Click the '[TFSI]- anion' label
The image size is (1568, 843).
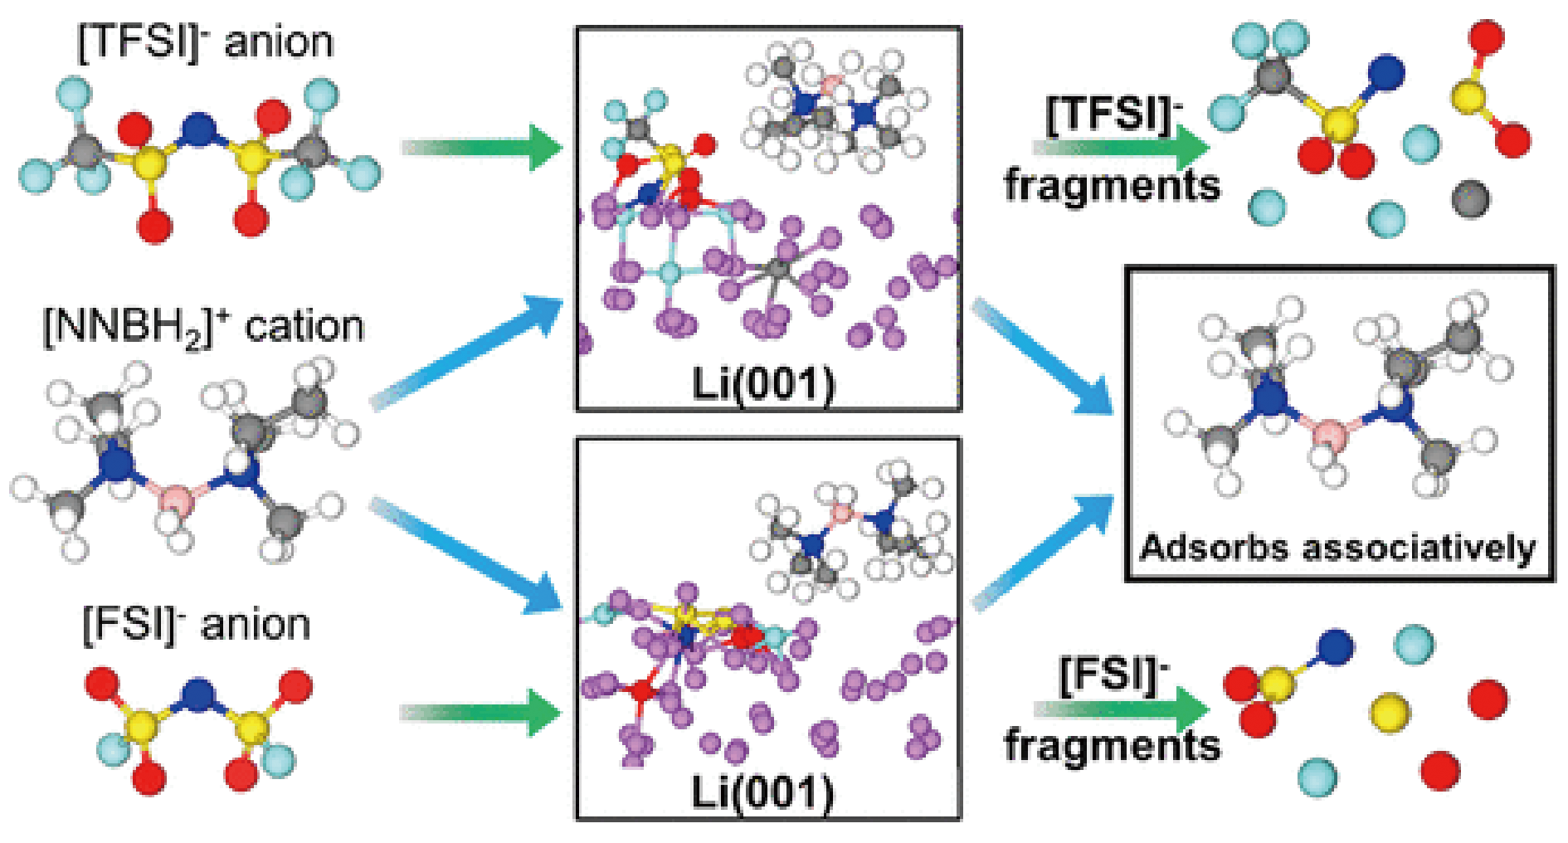click(x=205, y=41)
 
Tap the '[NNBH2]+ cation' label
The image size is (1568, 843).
click(x=203, y=327)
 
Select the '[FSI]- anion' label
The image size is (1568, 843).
click(x=197, y=624)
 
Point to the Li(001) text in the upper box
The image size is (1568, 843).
click(x=763, y=384)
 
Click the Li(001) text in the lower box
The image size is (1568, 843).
click(x=763, y=792)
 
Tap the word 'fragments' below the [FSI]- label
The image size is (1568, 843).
click(x=1113, y=745)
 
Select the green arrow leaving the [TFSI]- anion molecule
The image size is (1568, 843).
click(x=481, y=147)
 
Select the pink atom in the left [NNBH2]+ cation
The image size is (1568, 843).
click(x=176, y=500)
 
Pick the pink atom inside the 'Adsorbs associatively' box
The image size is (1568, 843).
click(x=1330, y=434)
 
